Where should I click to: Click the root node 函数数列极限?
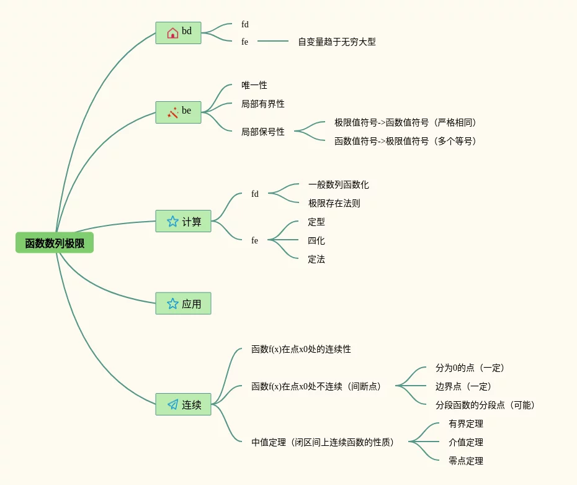[x=55, y=243]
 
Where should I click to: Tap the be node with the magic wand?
[x=178, y=112]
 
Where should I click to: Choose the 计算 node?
[x=183, y=221]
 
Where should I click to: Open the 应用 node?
[x=183, y=304]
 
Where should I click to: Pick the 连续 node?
[x=183, y=404]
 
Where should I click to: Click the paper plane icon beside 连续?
[x=172, y=404]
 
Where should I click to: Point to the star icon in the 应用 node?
[x=172, y=304]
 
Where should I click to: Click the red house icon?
[x=172, y=32]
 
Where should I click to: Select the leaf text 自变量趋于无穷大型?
[x=337, y=42]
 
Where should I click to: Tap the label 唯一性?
[x=254, y=85]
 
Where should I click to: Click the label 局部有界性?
[x=263, y=104]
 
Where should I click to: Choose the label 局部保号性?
[x=263, y=132]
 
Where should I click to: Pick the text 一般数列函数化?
[x=338, y=184]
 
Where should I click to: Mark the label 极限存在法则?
[x=334, y=203]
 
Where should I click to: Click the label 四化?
[x=316, y=240]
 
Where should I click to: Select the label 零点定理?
[x=466, y=461]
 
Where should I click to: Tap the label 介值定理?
[x=466, y=442]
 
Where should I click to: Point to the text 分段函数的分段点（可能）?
[x=485, y=405]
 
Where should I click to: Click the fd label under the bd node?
[x=245, y=24]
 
